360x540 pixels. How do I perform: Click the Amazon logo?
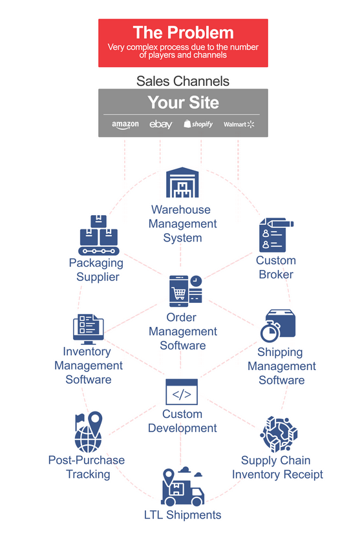coord(125,125)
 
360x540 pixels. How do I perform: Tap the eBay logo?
coord(160,124)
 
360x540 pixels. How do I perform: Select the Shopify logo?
coord(198,124)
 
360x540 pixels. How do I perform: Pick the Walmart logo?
coord(238,124)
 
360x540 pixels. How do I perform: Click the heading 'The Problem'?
coord(184,33)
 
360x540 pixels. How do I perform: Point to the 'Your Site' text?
coord(184,102)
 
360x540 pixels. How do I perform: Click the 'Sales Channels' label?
coord(183,81)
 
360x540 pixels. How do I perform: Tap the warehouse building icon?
coord(182,182)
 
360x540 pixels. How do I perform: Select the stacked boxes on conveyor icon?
coord(99,235)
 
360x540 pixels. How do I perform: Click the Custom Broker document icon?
coord(276,235)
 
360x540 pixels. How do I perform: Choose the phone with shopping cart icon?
coord(185,291)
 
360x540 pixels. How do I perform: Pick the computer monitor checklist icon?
coord(89,329)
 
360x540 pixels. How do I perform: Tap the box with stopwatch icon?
coord(278,326)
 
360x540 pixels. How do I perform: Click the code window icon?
coord(182,392)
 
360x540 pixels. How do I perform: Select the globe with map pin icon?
coord(89,432)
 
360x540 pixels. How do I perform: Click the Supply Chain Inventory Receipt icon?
coord(279,434)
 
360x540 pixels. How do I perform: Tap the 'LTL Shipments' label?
coord(182,515)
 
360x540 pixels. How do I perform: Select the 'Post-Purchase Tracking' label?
coord(87,467)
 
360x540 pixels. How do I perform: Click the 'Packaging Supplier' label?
coord(96,269)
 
